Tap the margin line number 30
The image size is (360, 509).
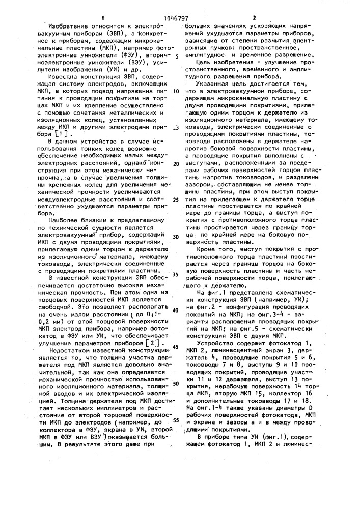176,237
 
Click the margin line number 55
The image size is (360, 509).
176,420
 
